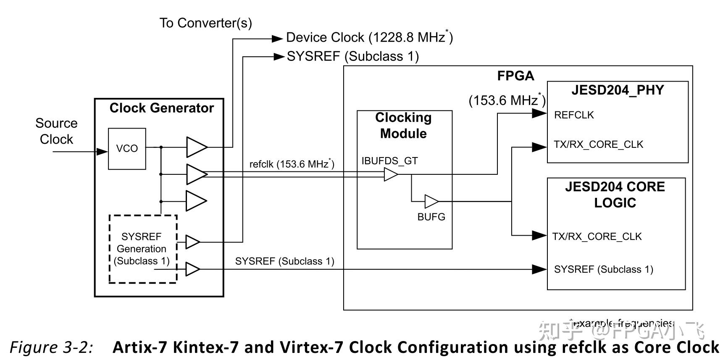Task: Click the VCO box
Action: tap(127, 149)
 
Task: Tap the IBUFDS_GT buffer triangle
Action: tap(390, 174)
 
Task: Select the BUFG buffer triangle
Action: tap(431, 201)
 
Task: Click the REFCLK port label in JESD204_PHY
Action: tap(573, 115)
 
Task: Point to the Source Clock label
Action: tap(56, 131)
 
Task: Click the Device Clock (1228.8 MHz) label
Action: tap(369, 38)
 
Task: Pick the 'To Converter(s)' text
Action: tap(205, 23)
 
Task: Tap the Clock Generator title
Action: tap(161, 108)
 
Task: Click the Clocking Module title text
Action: tap(403, 125)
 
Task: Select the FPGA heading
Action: tap(515, 76)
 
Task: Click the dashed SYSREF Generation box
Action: tap(143, 249)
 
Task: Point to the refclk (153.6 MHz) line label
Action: tap(292, 164)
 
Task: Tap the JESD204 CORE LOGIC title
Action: tap(615, 194)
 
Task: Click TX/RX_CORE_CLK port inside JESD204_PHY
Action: tap(598, 145)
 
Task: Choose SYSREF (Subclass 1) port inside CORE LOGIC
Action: tap(603, 269)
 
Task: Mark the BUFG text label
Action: tap(431, 217)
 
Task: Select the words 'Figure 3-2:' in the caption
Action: tap(51, 347)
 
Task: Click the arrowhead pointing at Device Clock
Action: tap(277, 39)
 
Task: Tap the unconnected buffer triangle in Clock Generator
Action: tap(196, 201)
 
